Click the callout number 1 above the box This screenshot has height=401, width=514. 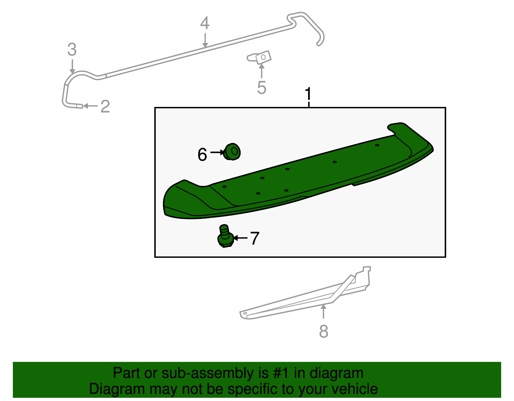pyautogui.click(x=308, y=94)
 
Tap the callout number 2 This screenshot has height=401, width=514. pyautogui.click(x=105, y=107)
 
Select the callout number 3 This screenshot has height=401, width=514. pyautogui.click(x=72, y=50)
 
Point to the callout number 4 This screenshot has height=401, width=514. pyautogui.click(x=205, y=23)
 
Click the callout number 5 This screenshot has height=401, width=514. pyautogui.click(x=261, y=88)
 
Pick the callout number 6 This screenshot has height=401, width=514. pyautogui.click(x=202, y=154)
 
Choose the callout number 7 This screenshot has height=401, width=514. pyautogui.click(x=254, y=239)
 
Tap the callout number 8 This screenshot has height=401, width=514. pyautogui.click(x=323, y=331)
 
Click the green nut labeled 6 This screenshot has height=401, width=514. pyautogui.click(x=232, y=152)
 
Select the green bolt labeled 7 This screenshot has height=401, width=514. pyautogui.click(x=225, y=237)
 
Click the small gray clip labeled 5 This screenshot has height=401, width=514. pyautogui.click(x=260, y=58)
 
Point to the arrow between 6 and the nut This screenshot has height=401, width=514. pyautogui.click(x=217, y=153)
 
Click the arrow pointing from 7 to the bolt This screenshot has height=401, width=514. pyautogui.click(x=240, y=238)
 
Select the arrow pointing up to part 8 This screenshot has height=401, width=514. pyautogui.click(x=323, y=311)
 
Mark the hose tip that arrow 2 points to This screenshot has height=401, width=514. pyautogui.click(x=79, y=106)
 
